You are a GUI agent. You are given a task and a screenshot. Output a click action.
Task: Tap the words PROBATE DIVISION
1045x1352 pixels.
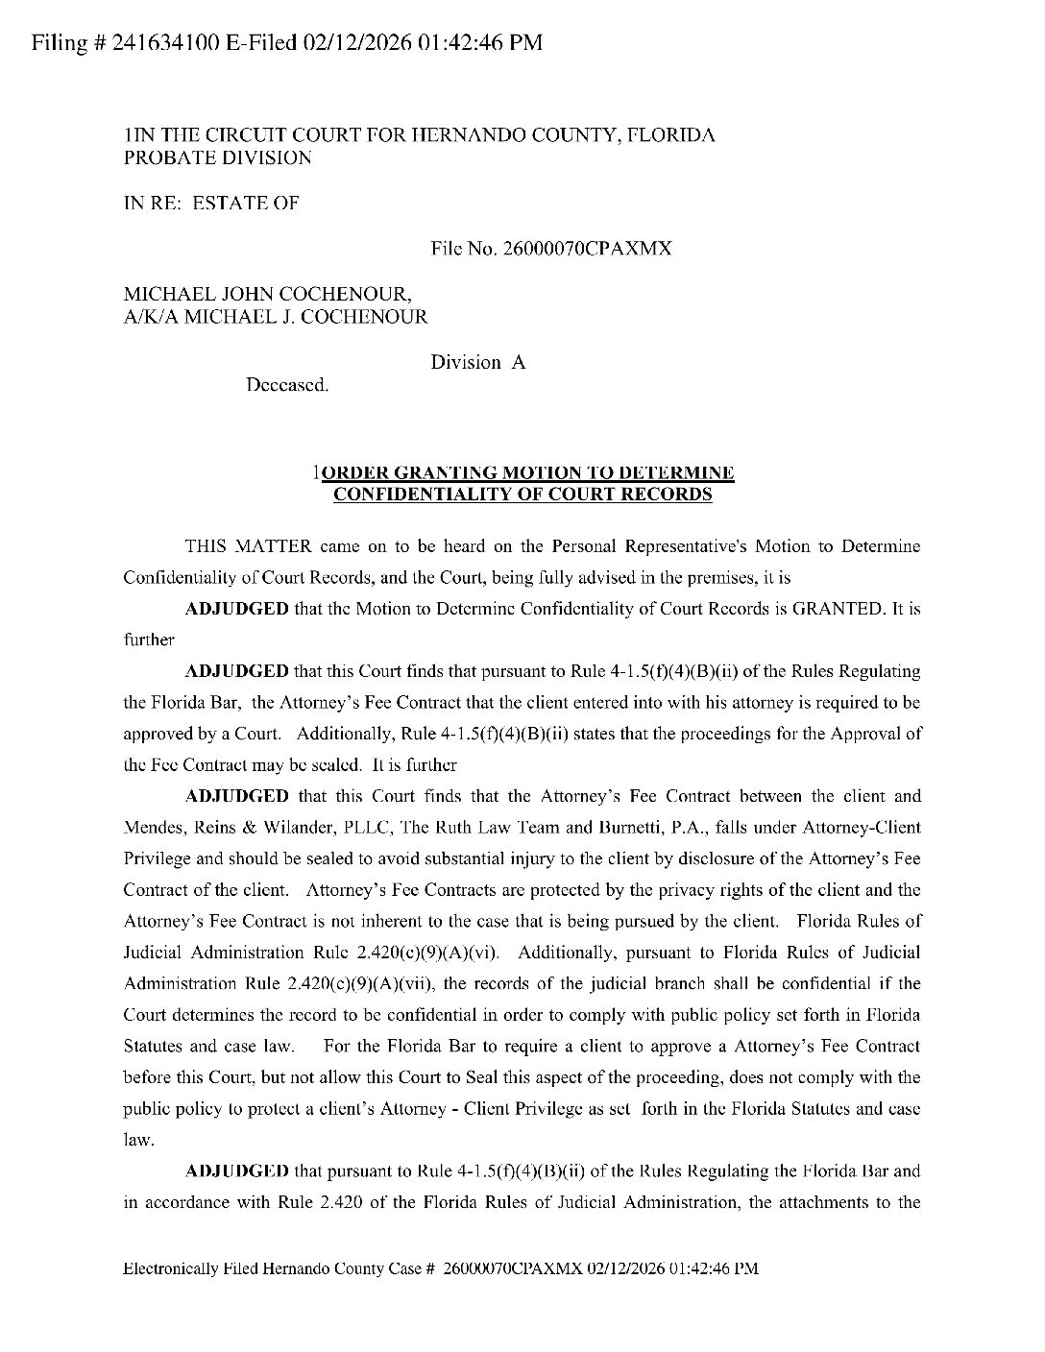point(218,157)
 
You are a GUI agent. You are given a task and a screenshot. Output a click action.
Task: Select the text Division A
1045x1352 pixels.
point(478,362)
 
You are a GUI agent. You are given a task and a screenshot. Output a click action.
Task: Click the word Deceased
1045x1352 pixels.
point(287,386)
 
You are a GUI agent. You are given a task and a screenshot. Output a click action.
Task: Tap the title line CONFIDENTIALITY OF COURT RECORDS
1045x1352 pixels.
point(522,494)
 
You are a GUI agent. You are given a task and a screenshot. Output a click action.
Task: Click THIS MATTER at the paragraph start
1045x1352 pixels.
point(248,546)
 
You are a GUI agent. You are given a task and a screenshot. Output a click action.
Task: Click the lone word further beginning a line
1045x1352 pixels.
point(149,640)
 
